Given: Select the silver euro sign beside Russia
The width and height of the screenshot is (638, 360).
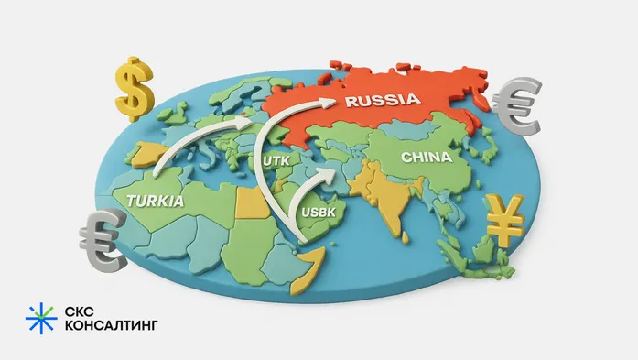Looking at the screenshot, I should coord(518,106).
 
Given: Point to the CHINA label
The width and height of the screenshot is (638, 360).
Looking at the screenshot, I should coord(426,157).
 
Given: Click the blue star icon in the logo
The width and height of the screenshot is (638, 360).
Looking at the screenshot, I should coord(40,318).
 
